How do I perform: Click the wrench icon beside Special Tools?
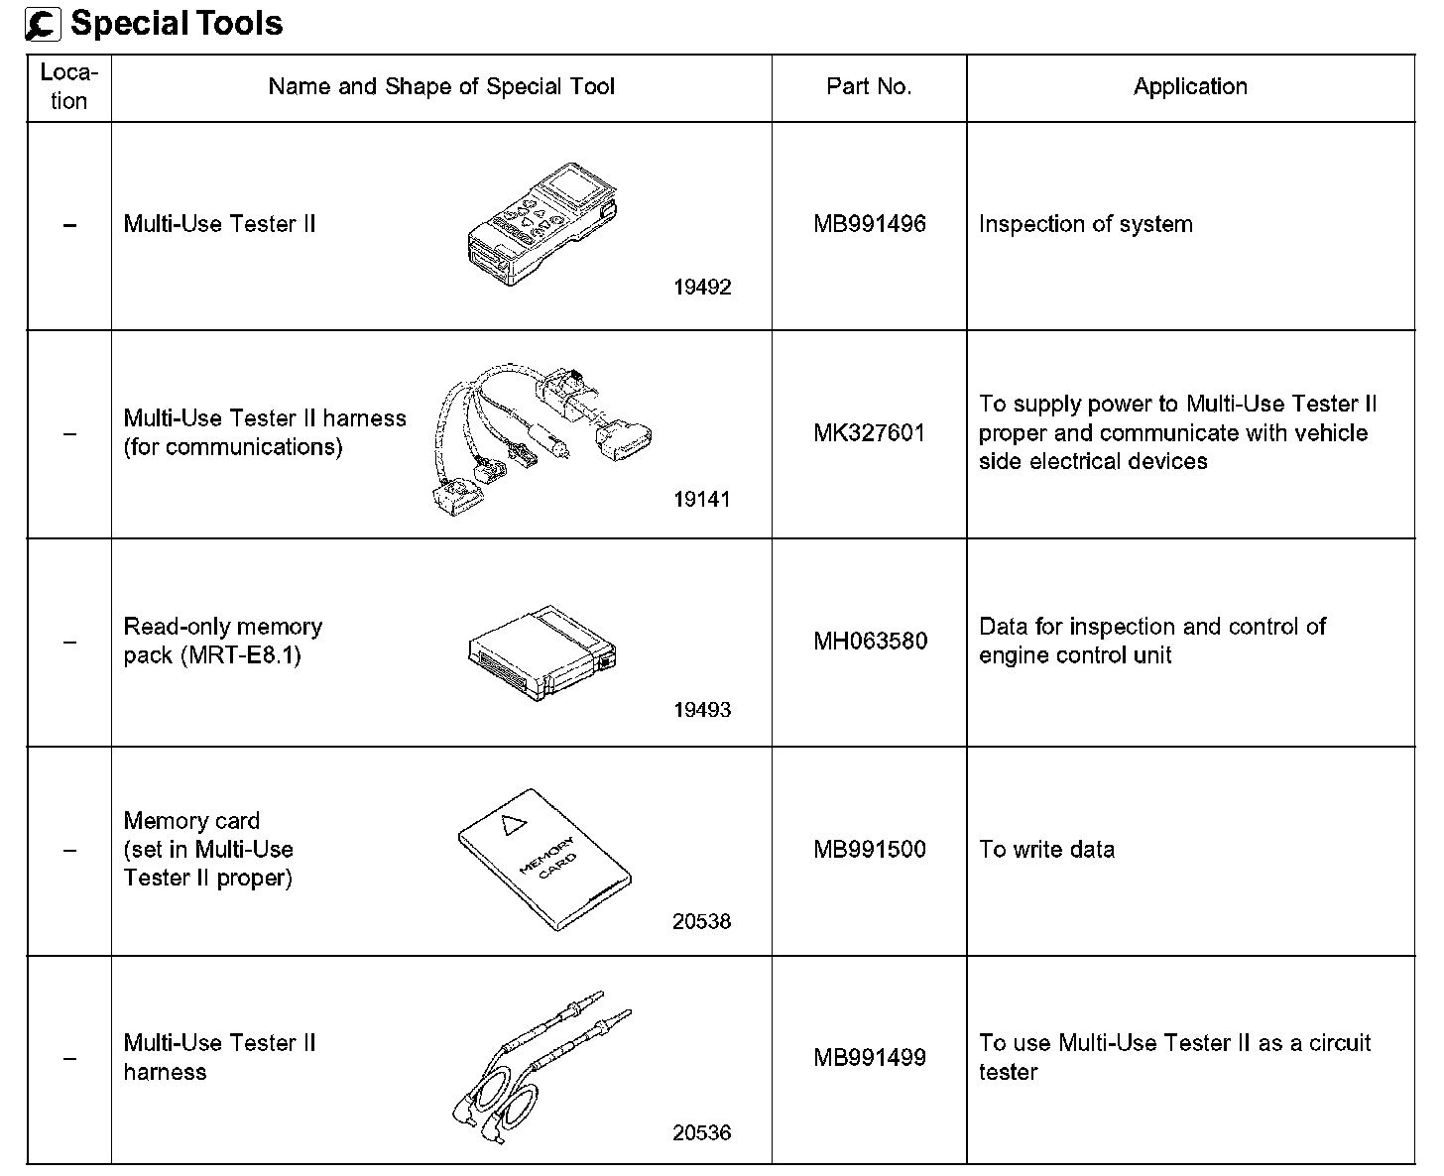click(x=44, y=25)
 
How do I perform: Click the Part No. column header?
click(x=869, y=87)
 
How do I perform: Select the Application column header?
click(x=1190, y=87)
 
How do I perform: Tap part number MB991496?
click(x=870, y=224)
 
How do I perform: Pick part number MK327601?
click(x=870, y=433)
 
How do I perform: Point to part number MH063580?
click(x=870, y=642)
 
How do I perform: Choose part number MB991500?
click(x=870, y=850)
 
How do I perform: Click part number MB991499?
click(x=870, y=1058)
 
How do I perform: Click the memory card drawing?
click(x=544, y=859)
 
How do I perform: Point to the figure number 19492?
click(x=702, y=288)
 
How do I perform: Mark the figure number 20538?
click(x=702, y=922)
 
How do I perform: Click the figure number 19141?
click(x=702, y=500)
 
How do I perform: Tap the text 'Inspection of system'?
click(x=1085, y=224)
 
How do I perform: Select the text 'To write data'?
click(x=1046, y=850)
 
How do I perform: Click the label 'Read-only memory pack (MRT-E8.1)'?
click(x=223, y=642)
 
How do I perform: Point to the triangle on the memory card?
click(x=512, y=823)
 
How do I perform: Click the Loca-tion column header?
click(x=69, y=87)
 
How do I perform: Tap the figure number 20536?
click(x=702, y=1132)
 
